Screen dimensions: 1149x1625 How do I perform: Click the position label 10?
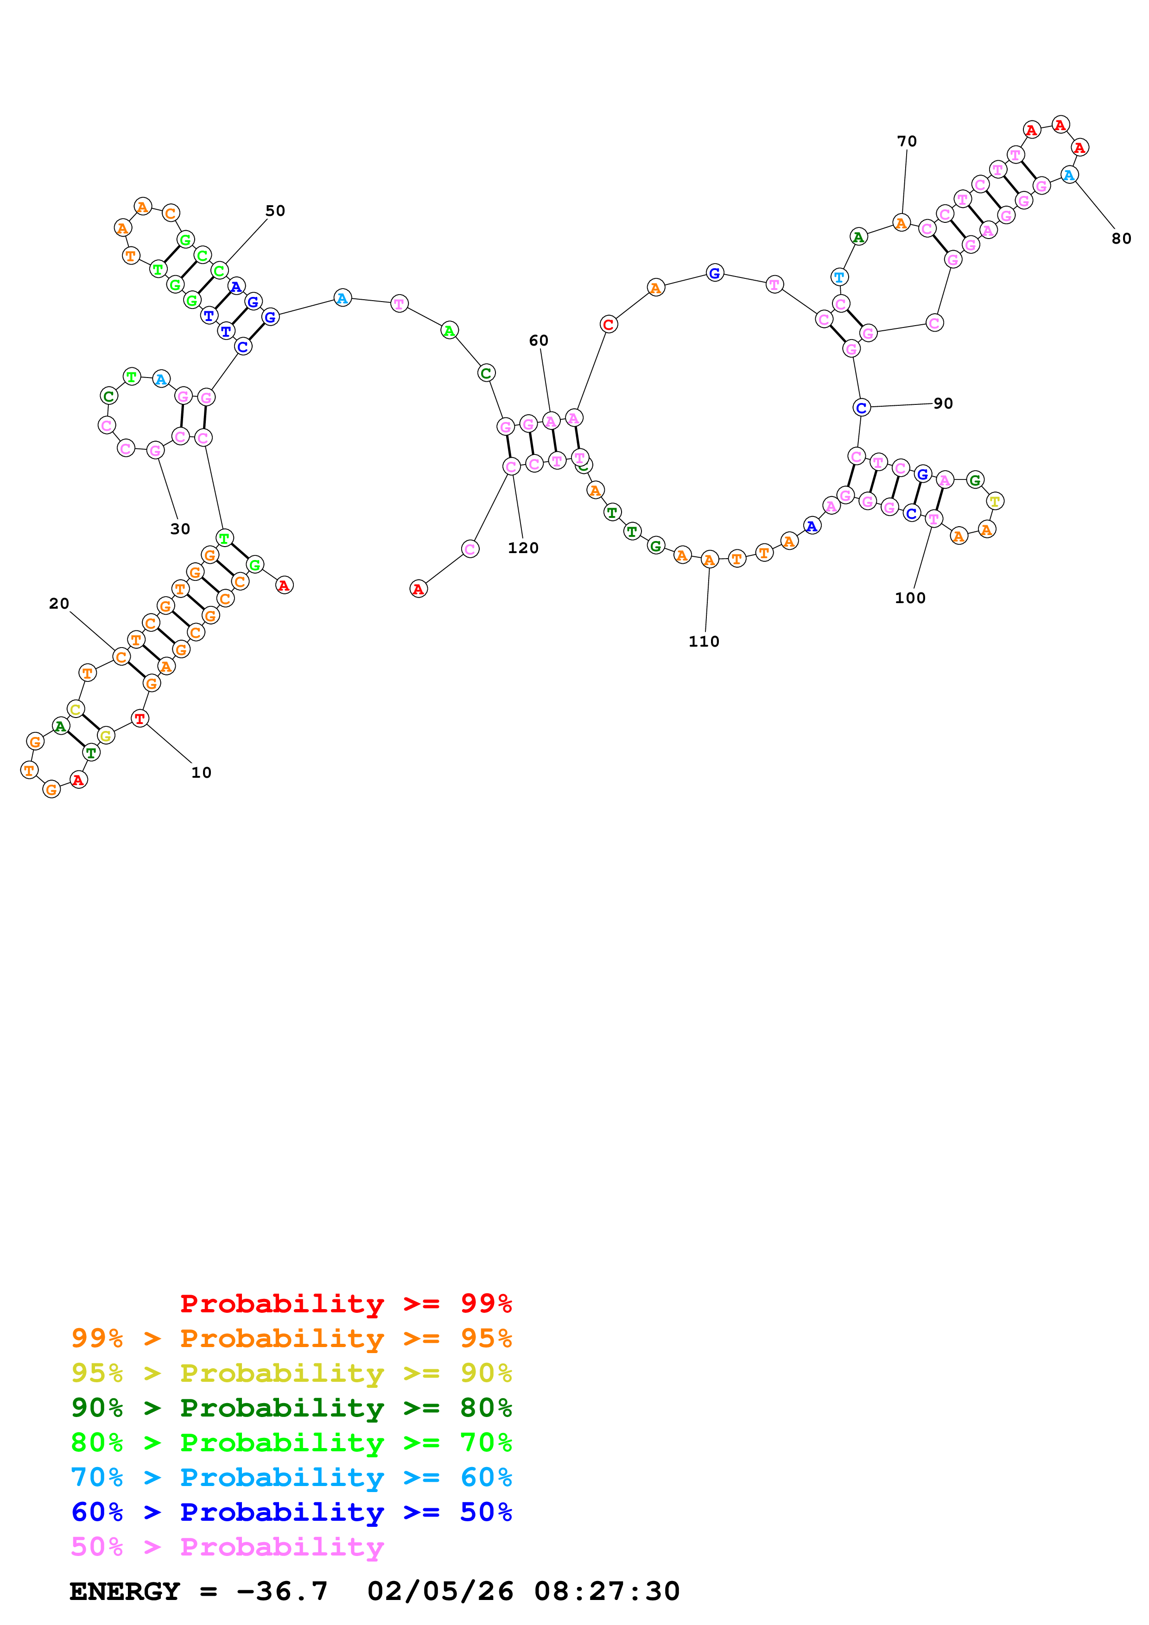click(201, 772)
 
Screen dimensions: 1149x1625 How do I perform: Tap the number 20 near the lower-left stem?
click(59, 603)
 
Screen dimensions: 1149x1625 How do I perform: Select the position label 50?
click(275, 210)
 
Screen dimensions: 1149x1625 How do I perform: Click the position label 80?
click(1121, 239)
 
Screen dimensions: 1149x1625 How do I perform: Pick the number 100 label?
click(910, 598)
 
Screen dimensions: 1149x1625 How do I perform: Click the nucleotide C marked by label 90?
click(861, 408)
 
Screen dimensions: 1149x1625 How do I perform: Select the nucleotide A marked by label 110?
click(709, 560)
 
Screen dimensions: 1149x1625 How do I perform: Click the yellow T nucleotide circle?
click(995, 501)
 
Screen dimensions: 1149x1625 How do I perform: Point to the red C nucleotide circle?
click(608, 324)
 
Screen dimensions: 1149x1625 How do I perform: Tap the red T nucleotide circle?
click(140, 718)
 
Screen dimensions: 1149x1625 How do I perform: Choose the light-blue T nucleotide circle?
click(839, 277)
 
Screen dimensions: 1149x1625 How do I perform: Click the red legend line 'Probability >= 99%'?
click(345, 1303)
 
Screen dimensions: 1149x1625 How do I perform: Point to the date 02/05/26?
click(440, 1591)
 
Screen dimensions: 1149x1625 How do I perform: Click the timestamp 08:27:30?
click(607, 1591)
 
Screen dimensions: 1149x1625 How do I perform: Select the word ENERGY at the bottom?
click(125, 1591)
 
